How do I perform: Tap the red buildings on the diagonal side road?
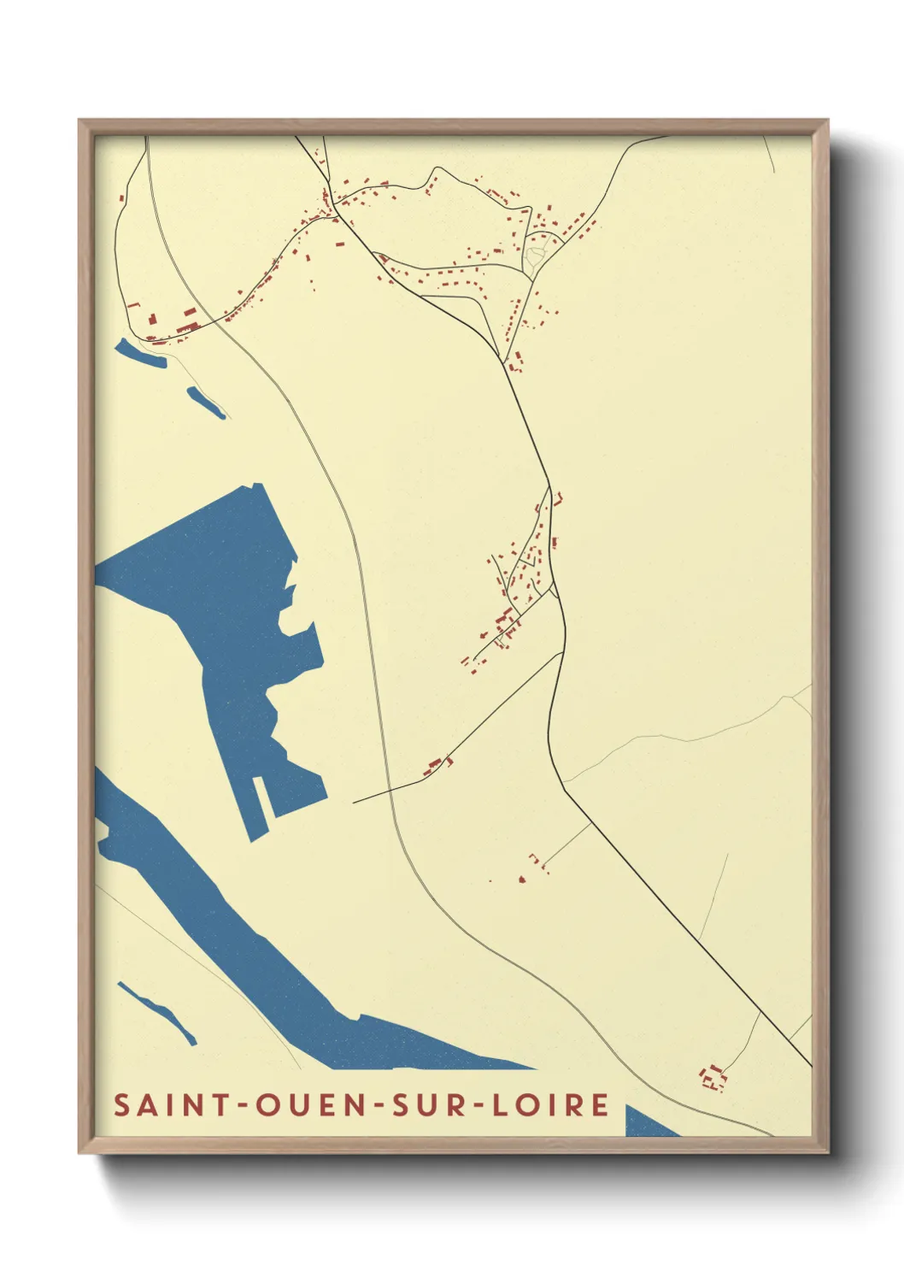pyautogui.click(x=439, y=763)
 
